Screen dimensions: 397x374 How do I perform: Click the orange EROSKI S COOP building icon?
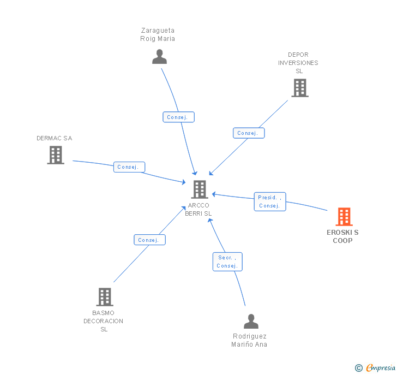pyautogui.click(x=344, y=217)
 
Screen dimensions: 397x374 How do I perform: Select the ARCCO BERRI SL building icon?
pyautogui.click(x=200, y=189)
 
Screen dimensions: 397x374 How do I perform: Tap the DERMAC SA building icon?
pyautogui.click(x=56, y=155)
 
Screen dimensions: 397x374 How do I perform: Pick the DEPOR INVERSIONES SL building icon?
pyautogui.click(x=299, y=88)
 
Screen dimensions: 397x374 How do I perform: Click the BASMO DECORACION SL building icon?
pyautogui.click(x=104, y=297)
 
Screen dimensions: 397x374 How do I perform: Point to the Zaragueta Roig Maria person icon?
pyautogui.click(x=159, y=57)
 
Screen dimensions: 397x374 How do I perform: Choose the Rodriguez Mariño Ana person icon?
pyautogui.click(x=251, y=322)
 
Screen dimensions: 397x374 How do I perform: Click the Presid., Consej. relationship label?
pyautogui.click(x=270, y=201)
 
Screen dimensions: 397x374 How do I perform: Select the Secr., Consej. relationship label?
pyautogui.click(x=227, y=262)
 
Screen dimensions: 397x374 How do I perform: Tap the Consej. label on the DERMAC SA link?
pyautogui.click(x=129, y=167)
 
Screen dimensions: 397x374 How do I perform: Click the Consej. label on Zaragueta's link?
pyautogui.click(x=178, y=117)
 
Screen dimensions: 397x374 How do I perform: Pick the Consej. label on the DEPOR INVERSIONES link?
pyautogui.click(x=249, y=133)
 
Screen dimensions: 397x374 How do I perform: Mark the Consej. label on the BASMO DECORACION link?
pyautogui.click(x=149, y=240)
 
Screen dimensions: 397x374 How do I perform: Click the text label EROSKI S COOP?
pyautogui.click(x=343, y=236)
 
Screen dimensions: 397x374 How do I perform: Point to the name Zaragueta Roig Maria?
pyautogui.click(x=158, y=34)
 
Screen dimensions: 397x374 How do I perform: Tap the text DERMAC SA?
pyautogui.click(x=55, y=138)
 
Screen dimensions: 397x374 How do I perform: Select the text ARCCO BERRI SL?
pyautogui.click(x=198, y=209)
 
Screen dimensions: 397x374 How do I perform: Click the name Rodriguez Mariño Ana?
pyautogui.click(x=250, y=340)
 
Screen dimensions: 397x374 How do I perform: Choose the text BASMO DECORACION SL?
pyautogui.click(x=104, y=321)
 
